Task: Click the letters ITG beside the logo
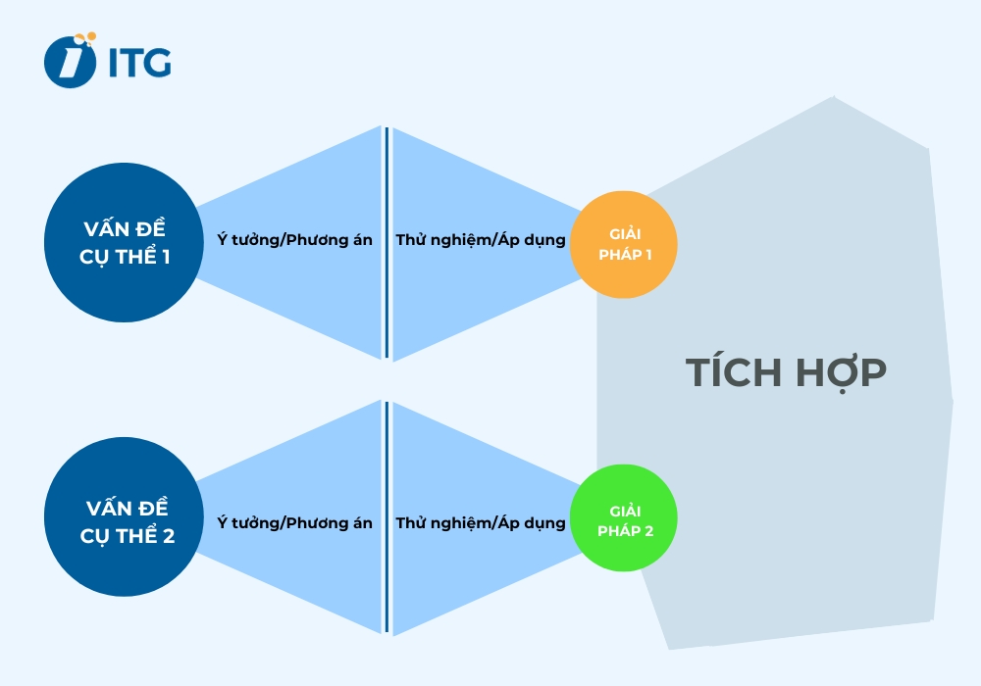point(139,62)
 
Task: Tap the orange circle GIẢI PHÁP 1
point(624,244)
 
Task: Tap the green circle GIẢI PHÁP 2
point(624,519)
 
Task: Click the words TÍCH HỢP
point(785,373)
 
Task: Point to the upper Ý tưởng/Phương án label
point(294,239)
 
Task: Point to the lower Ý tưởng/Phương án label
point(294,523)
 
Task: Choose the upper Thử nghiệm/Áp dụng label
point(481,239)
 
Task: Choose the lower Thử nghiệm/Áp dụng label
point(481,523)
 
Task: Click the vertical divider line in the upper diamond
point(387,243)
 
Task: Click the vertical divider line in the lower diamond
point(387,517)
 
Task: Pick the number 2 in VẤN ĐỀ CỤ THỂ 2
point(167,536)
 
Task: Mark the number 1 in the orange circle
point(647,254)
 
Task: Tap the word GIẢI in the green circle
point(624,511)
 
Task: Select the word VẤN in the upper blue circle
point(101,230)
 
